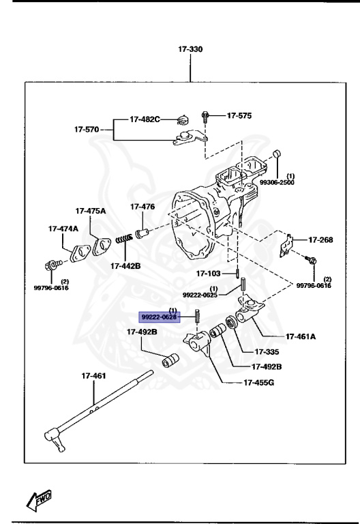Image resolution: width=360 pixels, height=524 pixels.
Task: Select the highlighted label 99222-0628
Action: pyautogui.click(x=159, y=317)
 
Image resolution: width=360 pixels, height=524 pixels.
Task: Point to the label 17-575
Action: pyautogui.click(x=239, y=116)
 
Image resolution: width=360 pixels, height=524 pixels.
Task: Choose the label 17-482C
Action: pyautogui.click(x=145, y=119)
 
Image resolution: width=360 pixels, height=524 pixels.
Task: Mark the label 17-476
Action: pyautogui.click(x=143, y=207)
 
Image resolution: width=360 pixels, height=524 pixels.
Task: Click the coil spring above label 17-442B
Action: pyautogui.click(x=125, y=239)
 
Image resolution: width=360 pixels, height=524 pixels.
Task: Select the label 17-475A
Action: pyautogui.click(x=91, y=211)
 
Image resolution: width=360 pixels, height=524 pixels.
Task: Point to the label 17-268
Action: pyautogui.click(x=320, y=239)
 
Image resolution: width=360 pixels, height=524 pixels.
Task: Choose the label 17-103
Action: pyautogui.click(x=209, y=274)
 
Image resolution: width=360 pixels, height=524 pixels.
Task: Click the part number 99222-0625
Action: pyautogui.click(x=200, y=295)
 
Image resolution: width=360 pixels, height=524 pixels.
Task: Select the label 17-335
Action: pyautogui.click(x=267, y=352)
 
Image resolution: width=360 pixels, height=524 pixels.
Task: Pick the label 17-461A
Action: pyautogui.click(x=301, y=336)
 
